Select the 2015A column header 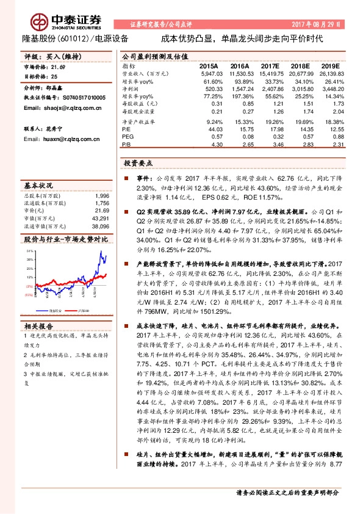pos(209,65)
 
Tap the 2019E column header pos(329,65)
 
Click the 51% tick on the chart pos(30,251)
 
